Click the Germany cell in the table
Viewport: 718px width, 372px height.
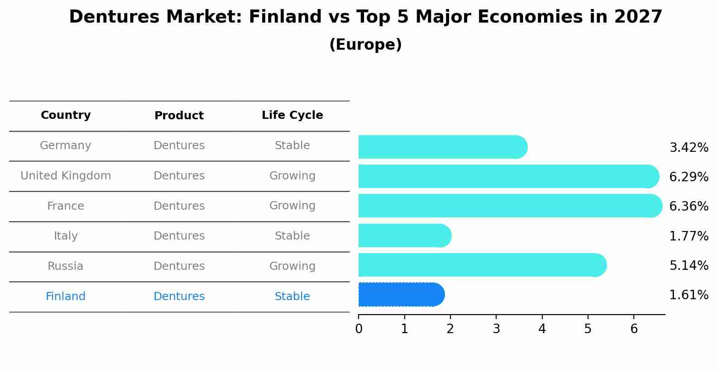point(66,146)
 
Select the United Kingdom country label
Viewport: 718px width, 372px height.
point(66,176)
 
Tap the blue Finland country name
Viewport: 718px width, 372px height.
point(66,297)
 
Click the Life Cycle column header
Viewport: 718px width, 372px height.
point(292,115)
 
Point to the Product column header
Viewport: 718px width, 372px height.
point(179,116)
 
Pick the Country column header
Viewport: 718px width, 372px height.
point(66,115)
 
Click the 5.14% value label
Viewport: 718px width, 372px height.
point(689,265)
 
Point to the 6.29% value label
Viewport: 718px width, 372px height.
point(689,177)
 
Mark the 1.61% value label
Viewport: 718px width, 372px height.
point(689,295)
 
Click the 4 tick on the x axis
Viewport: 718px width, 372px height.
point(542,329)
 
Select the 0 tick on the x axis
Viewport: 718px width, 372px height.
point(359,329)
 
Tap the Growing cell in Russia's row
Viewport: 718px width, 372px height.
point(292,266)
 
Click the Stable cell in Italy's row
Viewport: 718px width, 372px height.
point(292,236)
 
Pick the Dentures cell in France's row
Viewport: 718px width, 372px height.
point(179,206)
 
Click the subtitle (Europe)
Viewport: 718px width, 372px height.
point(365,45)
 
